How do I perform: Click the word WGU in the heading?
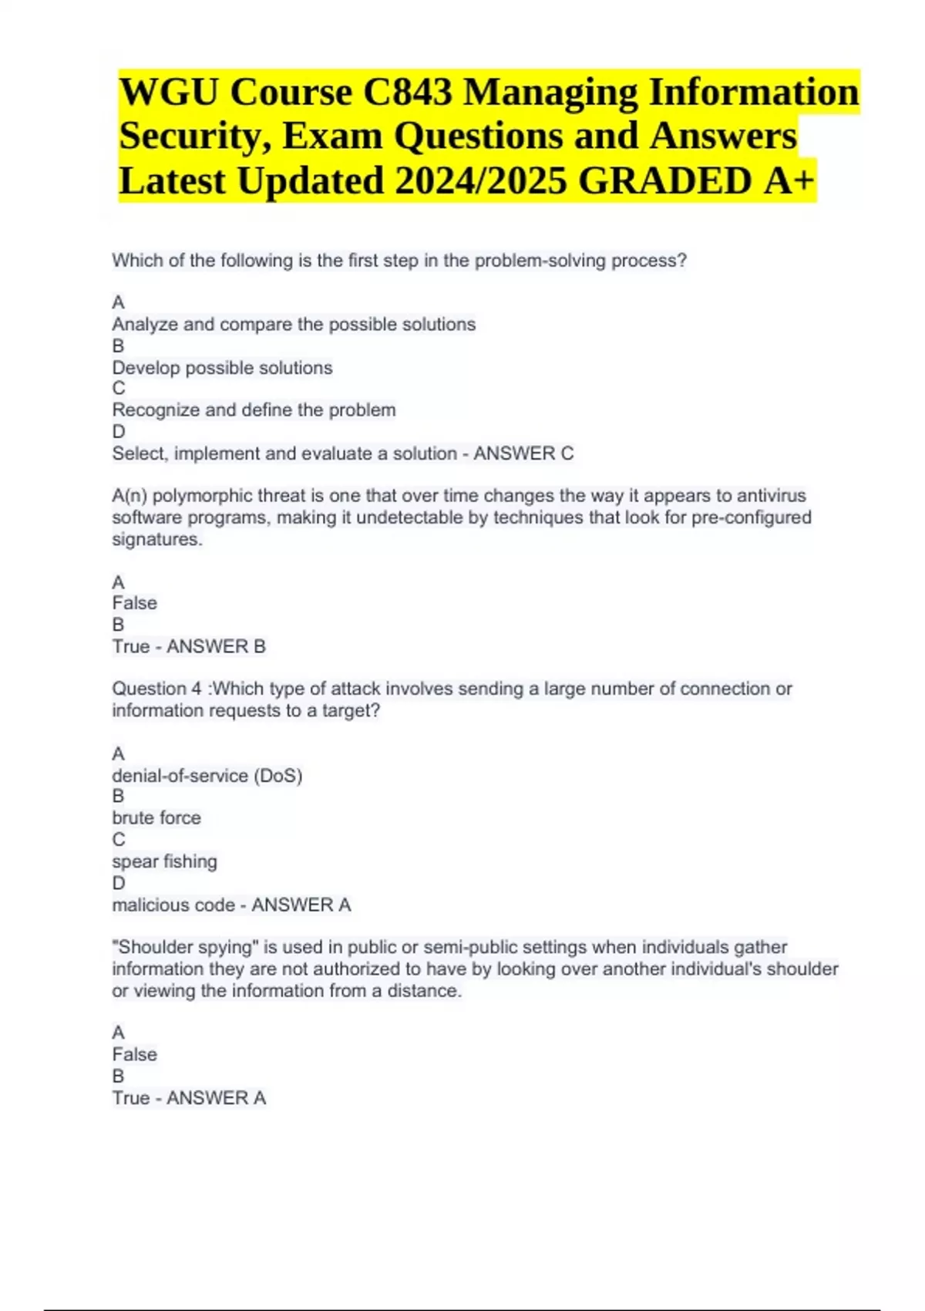coord(169,92)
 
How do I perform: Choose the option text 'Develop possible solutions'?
coord(222,368)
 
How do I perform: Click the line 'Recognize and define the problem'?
coord(254,410)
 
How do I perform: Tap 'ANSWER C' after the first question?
coord(523,453)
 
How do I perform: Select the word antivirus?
coord(771,496)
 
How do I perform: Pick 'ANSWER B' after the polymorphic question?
coord(216,646)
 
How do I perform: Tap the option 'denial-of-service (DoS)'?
coord(207,775)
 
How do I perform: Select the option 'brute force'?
coord(156,817)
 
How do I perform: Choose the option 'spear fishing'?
coord(164,861)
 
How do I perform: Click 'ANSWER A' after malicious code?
coord(301,905)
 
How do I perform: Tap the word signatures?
coord(156,540)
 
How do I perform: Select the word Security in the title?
coord(195,136)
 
